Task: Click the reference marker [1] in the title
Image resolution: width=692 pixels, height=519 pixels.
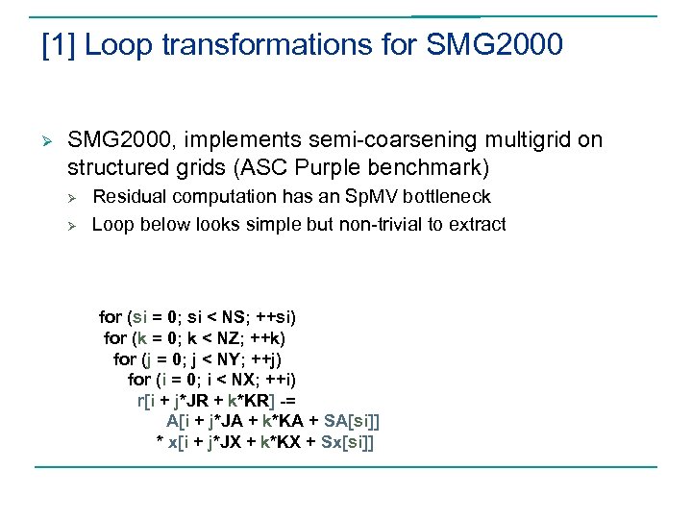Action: click(x=58, y=45)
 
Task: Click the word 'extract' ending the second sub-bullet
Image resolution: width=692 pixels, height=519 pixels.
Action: click(x=476, y=224)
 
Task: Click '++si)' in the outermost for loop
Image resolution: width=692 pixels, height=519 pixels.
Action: click(x=275, y=316)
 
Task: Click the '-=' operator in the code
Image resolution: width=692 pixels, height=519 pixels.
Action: click(x=293, y=400)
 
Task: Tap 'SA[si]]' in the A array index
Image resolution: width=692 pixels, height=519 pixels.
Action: click(x=352, y=421)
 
